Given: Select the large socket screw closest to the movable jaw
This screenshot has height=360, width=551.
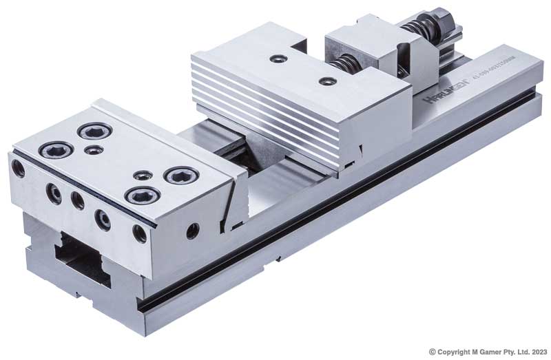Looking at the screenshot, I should pos(181,176).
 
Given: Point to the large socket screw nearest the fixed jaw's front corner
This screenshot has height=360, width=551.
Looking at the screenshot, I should pos(143,195).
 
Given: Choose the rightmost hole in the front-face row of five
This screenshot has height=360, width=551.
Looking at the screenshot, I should pos(140,233).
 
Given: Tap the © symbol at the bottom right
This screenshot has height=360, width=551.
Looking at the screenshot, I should pos(432,351).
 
